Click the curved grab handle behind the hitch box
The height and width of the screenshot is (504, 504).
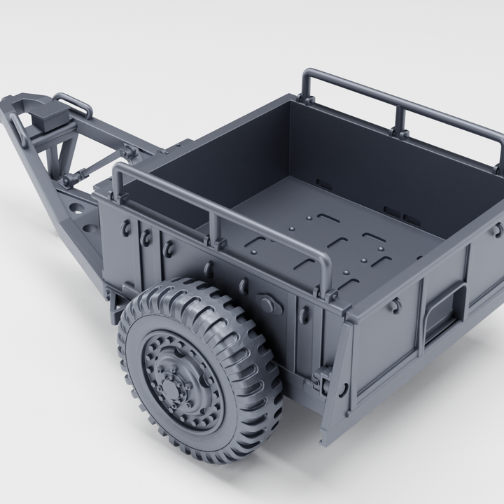[x=73, y=104]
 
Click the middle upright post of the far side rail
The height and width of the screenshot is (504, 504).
[x=401, y=119]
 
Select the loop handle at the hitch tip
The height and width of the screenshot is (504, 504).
[x=18, y=129]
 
